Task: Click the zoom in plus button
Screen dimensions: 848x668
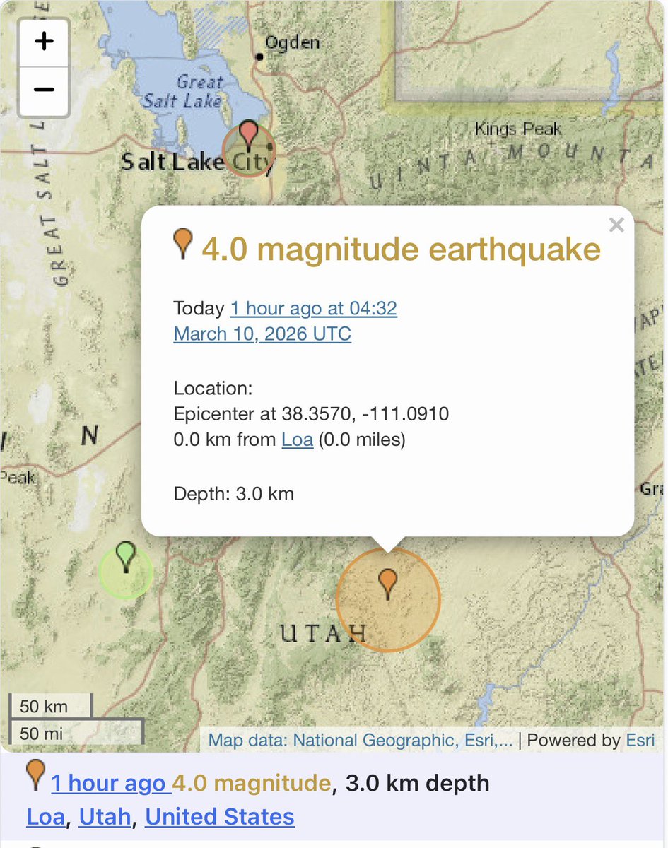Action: [x=44, y=42]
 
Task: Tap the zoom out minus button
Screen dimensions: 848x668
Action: [x=44, y=90]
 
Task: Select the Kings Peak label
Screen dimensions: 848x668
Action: [x=518, y=129]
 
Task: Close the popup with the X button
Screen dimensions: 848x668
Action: [x=616, y=225]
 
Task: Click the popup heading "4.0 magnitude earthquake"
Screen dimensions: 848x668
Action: [x=401, y=249]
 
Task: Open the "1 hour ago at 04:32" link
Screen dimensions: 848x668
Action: [x=313, y=309]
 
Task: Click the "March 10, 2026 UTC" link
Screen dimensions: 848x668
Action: [x=262, y=334]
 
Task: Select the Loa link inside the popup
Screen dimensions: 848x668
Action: [x=297, y=440]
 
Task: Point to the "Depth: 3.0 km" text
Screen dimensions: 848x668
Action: [x=233, y=493]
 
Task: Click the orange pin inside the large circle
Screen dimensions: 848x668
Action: [x=387, y=584]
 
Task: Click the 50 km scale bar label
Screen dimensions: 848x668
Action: [x=44, y=706]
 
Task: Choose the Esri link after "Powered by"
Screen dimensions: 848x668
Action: [x=640, y=741]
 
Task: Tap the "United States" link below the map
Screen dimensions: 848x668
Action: [x=219, y=817]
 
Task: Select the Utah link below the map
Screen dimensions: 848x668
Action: [x=105, y=817]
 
